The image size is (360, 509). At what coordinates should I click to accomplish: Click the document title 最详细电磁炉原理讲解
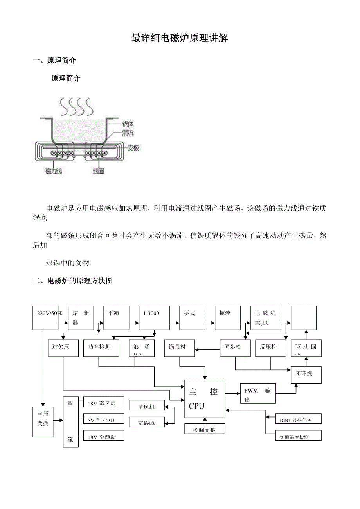pos(180,38)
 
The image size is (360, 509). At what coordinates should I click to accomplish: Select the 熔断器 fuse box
pos(80,317)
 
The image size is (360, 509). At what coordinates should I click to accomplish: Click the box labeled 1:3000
pos(154,317)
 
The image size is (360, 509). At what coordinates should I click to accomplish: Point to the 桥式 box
pos(192,317)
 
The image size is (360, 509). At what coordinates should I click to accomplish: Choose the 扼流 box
pos(228,317)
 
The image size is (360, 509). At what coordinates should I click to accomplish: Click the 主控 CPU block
pos(205,399)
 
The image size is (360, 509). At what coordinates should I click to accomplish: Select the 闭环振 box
pos(306,375)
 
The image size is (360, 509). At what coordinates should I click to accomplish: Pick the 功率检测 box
pos(101,348)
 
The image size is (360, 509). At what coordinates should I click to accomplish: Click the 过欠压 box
pos(63,348)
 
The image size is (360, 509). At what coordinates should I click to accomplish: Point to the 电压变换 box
pos(43,421)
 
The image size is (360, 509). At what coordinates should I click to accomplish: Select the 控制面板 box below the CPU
pos(205,429)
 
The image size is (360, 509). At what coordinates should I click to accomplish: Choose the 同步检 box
pos(235,348)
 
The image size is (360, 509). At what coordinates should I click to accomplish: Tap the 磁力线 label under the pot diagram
pos(53,171)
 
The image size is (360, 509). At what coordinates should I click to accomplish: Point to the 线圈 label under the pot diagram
pos(98,171)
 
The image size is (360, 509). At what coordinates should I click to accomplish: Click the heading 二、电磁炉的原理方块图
pos(73,281)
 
